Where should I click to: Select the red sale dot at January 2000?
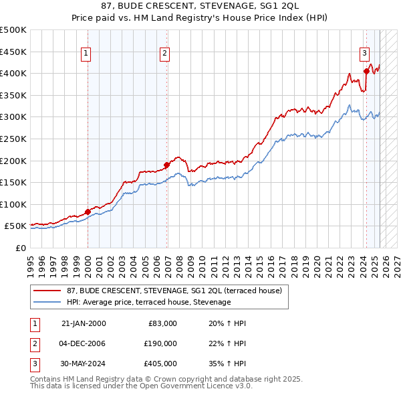click(x=88, y=212)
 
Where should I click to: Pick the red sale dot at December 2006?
click(x=166, y=165)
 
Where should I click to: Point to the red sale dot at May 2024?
click(x=366, y=71)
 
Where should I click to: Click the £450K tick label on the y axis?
click(x=13, y=52)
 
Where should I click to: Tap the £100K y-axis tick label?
click(x=13, y=204)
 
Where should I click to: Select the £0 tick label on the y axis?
click(x=20, y=248)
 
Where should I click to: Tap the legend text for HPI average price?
click(x=148, y=302)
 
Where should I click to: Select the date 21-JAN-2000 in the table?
click(x=84, y=323)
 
